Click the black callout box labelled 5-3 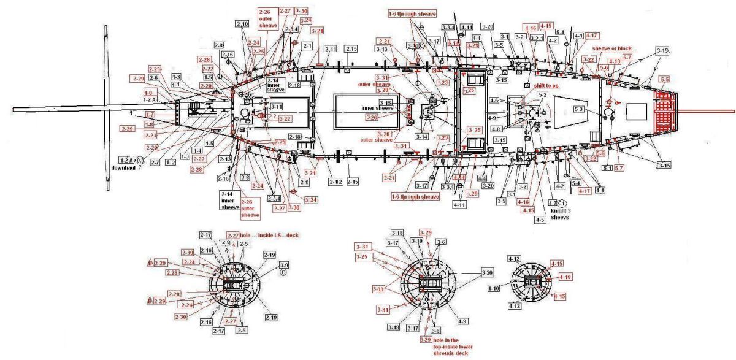coord(579,109)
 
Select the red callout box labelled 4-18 coord(565,277)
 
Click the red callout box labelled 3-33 coord(380,288)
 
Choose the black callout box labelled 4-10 coord(494,288)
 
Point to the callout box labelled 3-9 coord(284,265)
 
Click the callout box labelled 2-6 coord(154,78)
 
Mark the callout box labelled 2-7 coord(155,162)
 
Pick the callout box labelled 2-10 coord(242,24)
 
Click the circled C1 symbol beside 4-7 coord(563,203)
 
